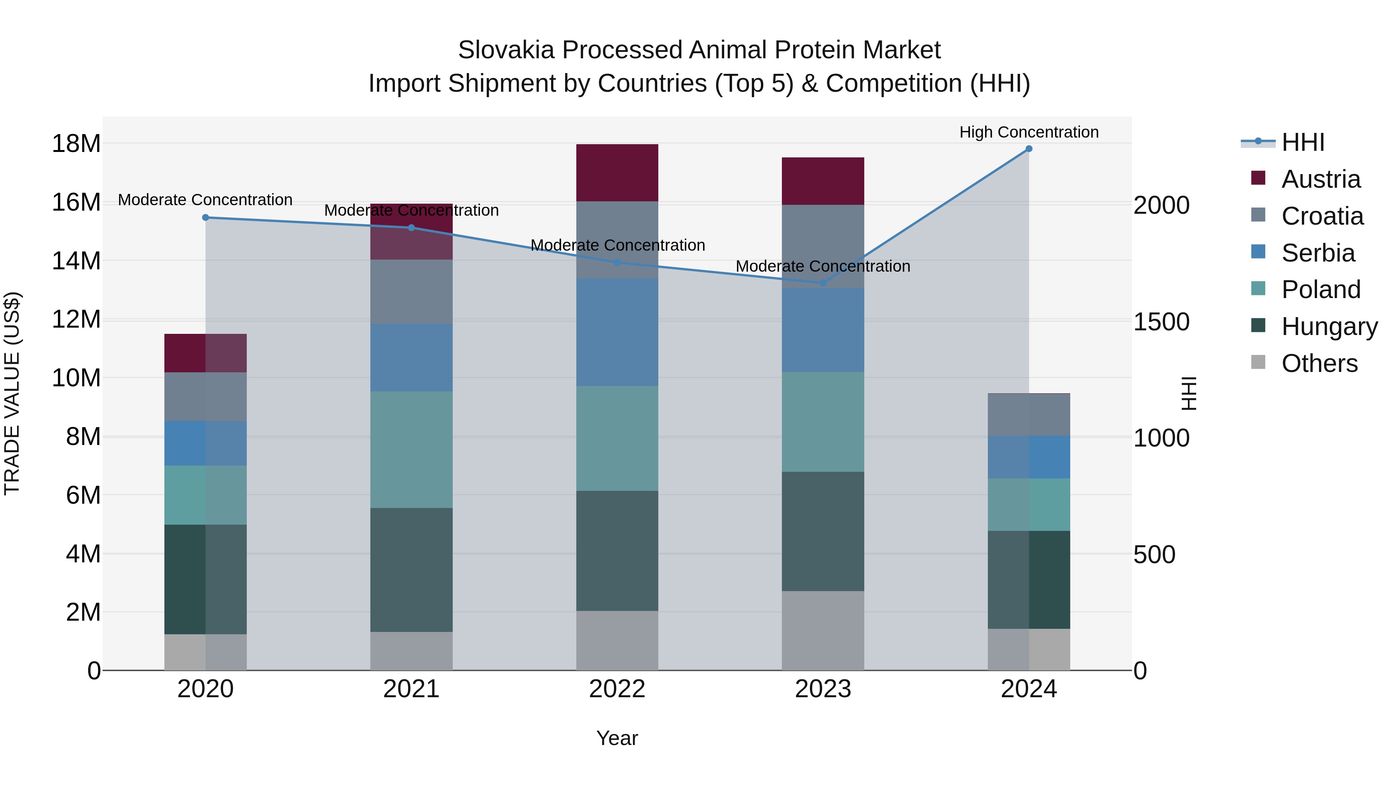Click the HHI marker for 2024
(x=1029, y=149)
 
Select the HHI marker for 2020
(x=205, y=218)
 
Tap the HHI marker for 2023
(x=823, y=283)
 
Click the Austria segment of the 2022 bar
(x=617, y=173)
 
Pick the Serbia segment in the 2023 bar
(x=823, y=330)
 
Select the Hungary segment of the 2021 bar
(x=411, y=570)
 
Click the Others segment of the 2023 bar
(x=823, y=631)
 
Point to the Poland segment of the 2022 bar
(x=617, y=438)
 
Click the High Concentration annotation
(x=1029, y=133)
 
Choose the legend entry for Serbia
(x=1317, y=253)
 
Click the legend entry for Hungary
(x=1329, y=326)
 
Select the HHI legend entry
(x=1302, y=142)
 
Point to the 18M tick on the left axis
(x=76, y=144)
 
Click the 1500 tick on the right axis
(x=1161, y=322)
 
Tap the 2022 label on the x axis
(x=617, y=689)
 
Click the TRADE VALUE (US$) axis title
(x=12, y=393)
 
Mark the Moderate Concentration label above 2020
(x=205, y=200)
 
